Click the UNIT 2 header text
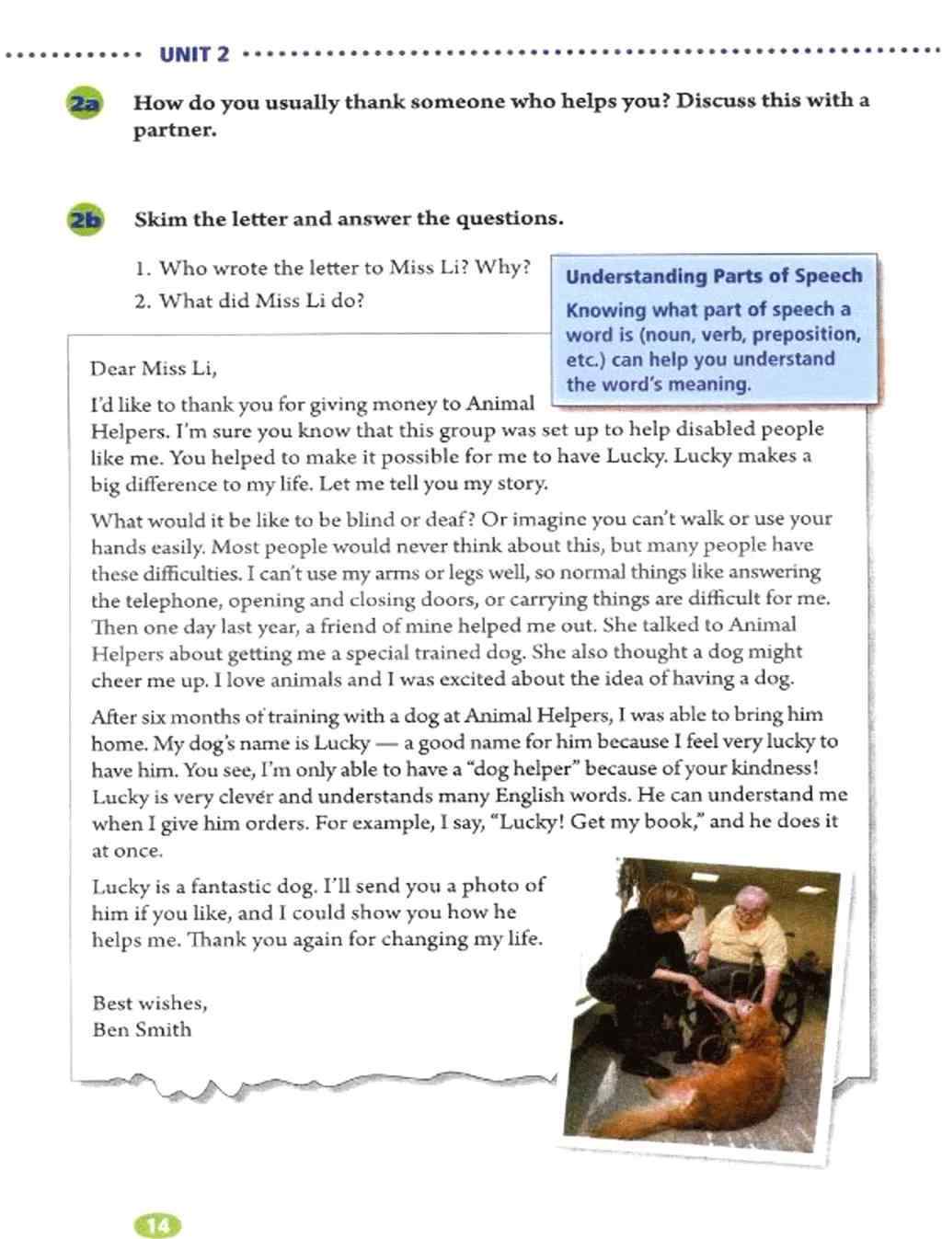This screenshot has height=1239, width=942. [194, 54]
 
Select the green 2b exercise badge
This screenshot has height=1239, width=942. [85, 220]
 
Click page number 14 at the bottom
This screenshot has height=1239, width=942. [158, 1225]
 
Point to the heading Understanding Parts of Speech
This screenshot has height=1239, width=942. [714, 276]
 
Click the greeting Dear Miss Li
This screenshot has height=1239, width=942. [154, 369]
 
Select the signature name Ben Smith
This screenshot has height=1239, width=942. [142, 1029]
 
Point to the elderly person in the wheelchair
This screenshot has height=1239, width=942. [750, 929]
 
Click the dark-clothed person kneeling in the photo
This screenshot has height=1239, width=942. [644, 957]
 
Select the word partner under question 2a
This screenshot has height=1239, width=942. [175, 130]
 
